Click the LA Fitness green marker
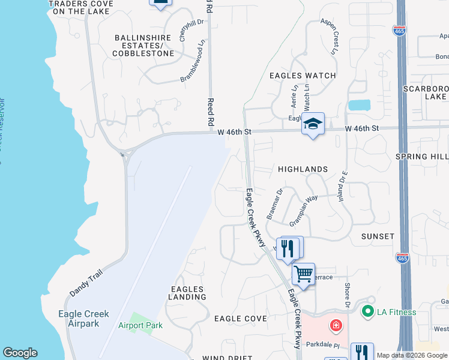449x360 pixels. [366, 311]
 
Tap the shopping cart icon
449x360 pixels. [304, 274]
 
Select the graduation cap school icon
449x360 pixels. [313, 124]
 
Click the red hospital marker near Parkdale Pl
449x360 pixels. [337, 326]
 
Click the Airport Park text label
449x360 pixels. [140, 326]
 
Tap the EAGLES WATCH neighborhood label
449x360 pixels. [302, 76]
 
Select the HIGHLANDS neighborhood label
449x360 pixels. [303, 169]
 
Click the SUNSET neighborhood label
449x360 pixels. [378, 236]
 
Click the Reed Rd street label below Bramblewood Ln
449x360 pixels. [211, 112]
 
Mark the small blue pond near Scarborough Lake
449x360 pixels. [359, 105]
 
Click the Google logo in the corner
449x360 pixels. [20, 353]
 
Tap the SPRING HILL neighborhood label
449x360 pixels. [422, 156]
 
